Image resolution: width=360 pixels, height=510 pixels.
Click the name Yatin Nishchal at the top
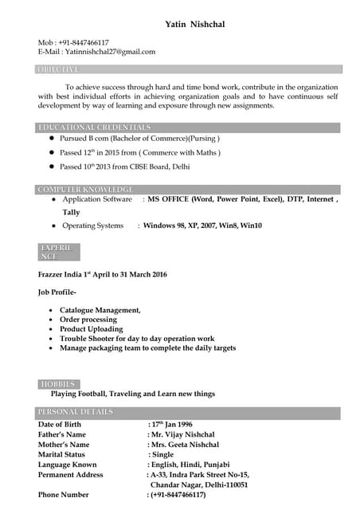(194, 25)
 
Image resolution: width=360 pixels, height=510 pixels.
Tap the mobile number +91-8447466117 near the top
(83, 42)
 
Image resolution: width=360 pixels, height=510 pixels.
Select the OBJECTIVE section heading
(58, 69)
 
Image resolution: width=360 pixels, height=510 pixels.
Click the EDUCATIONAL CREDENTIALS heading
(94, 127)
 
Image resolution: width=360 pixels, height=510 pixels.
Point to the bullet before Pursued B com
(52, 139)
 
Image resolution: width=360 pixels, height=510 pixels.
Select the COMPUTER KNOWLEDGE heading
(85, 189)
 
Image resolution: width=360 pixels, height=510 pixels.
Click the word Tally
(71, 213)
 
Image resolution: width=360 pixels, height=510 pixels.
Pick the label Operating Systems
(93, 226)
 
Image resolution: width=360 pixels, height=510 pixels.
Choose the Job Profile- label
(57, 292)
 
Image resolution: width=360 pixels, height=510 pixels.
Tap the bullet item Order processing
(88, 320)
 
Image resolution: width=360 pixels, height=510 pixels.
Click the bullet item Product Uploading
(91, 329)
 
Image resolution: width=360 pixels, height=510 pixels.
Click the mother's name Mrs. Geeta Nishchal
(185, 445)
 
